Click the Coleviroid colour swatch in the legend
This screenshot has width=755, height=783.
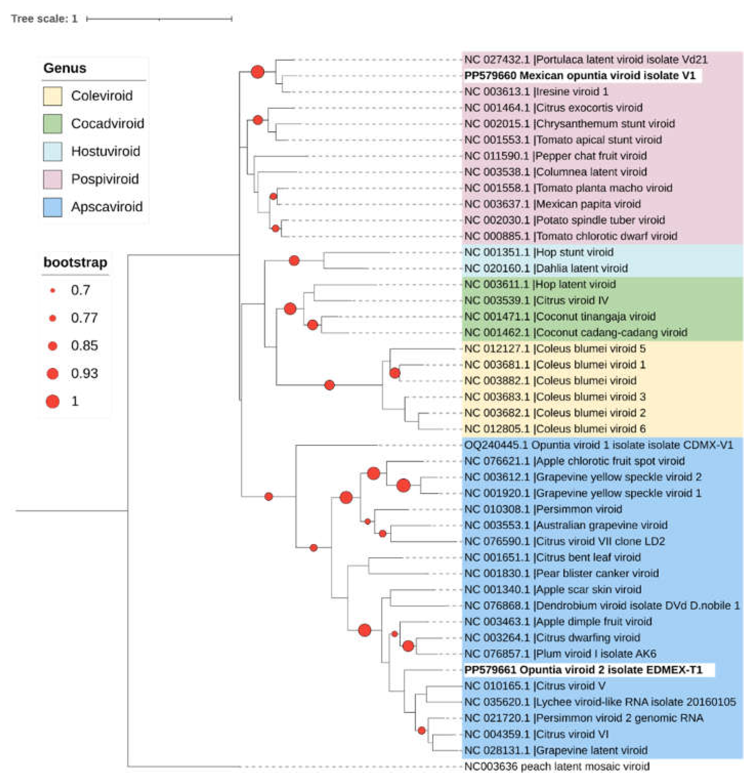[x=52, y=96]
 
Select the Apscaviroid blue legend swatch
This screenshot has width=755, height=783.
[x=52, y=207]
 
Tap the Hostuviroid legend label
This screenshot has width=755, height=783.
[x=105, y=152]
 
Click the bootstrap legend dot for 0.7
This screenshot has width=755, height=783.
[x=52, y=291]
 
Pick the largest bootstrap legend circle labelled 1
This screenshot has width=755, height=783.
[x=52, y=401]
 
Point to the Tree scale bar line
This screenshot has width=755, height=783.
[x=159, y=19]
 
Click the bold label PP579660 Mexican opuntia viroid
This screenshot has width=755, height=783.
[x=579, y=76]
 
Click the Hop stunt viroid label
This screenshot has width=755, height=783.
[x=538, y=252]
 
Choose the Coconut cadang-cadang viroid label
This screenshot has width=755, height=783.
[x=575, y=333]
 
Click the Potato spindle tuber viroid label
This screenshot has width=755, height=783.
[x=564, y=220]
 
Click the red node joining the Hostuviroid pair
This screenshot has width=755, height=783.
[x=294, y=261]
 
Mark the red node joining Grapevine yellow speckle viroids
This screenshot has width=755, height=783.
[x=403, y=485]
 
